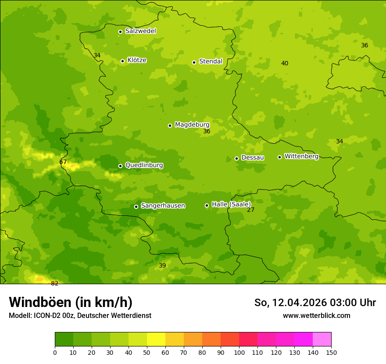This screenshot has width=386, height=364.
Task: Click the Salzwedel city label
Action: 140,31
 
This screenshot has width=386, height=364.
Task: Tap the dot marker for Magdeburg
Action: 170,125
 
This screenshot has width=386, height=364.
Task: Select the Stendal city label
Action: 211,61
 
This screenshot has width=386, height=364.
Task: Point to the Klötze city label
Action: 137,61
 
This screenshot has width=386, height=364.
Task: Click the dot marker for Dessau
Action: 236,158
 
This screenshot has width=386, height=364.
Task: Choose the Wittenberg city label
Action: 301,157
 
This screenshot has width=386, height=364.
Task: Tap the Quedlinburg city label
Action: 144,165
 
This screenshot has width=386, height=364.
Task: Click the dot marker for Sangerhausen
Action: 136,207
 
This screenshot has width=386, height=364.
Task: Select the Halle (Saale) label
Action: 231,204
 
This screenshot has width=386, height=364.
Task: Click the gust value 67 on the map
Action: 63,162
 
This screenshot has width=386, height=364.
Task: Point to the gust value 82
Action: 54,284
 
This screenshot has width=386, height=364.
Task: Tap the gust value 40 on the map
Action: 285,64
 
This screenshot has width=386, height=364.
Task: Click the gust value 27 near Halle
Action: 250,210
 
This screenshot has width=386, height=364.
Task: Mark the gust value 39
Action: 162,266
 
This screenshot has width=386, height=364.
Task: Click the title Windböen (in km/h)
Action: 71,302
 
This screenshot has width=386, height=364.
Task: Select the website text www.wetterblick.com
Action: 316,316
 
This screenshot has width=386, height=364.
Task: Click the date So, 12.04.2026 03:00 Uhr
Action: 315,303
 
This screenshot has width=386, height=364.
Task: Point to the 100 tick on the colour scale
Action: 239,352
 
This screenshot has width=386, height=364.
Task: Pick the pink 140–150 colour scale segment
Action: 322,339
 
